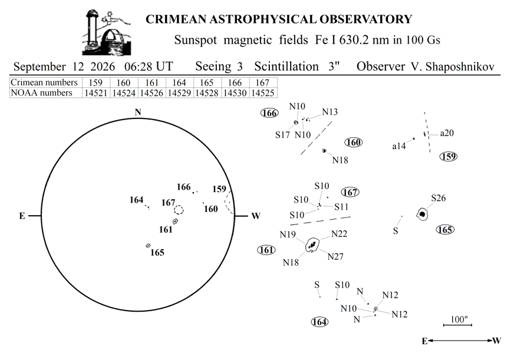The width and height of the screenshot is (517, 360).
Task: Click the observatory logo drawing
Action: (107, 32)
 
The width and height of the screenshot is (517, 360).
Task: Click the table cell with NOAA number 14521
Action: (96, 93)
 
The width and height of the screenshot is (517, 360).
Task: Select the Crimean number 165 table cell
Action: (207, 82)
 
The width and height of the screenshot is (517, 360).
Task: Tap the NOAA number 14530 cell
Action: (235, 93)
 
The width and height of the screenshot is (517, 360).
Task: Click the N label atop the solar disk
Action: (138, 113)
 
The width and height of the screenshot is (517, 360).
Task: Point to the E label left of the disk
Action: (22, 216)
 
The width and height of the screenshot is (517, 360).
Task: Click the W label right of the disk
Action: (256, 216)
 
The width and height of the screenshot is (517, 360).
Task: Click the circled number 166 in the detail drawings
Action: (270, 113)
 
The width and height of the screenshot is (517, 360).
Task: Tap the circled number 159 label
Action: (449, 156)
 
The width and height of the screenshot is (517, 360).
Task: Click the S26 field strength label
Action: (439, 198)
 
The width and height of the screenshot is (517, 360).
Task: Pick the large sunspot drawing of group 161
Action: (312, 245)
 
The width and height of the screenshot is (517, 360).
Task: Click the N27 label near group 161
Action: (335, 256)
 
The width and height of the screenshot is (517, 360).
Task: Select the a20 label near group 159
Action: (447, 133)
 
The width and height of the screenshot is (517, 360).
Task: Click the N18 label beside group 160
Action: (340, 160)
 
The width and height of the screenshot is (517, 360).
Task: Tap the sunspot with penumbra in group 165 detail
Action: (422, 214)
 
